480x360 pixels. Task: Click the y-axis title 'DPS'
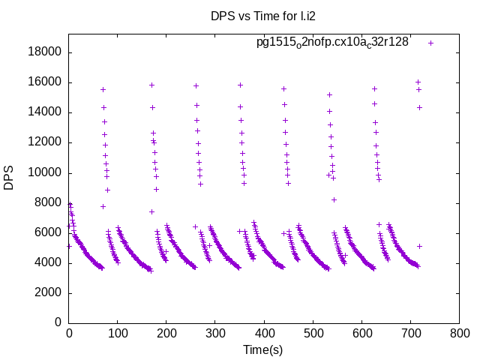[x=9, y=178]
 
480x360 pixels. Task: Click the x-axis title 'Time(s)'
[x=263, y=349]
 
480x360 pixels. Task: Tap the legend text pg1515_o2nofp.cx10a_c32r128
[x=332, y=42]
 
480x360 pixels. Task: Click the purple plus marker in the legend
[x=430, y=43]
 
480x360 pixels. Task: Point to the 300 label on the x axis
[x=215, y=333]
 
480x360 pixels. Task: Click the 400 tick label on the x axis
[x=264, y=333]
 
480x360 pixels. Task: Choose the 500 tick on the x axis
[x=313, y=333]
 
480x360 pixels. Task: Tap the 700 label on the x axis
[x=410, y=333]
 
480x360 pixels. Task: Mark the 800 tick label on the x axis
[x=459, y=333]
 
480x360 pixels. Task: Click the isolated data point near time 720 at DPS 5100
[x=420, y=246]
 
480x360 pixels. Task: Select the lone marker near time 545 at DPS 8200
[x=334, y=199]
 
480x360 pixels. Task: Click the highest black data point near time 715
[x=418, y=82]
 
